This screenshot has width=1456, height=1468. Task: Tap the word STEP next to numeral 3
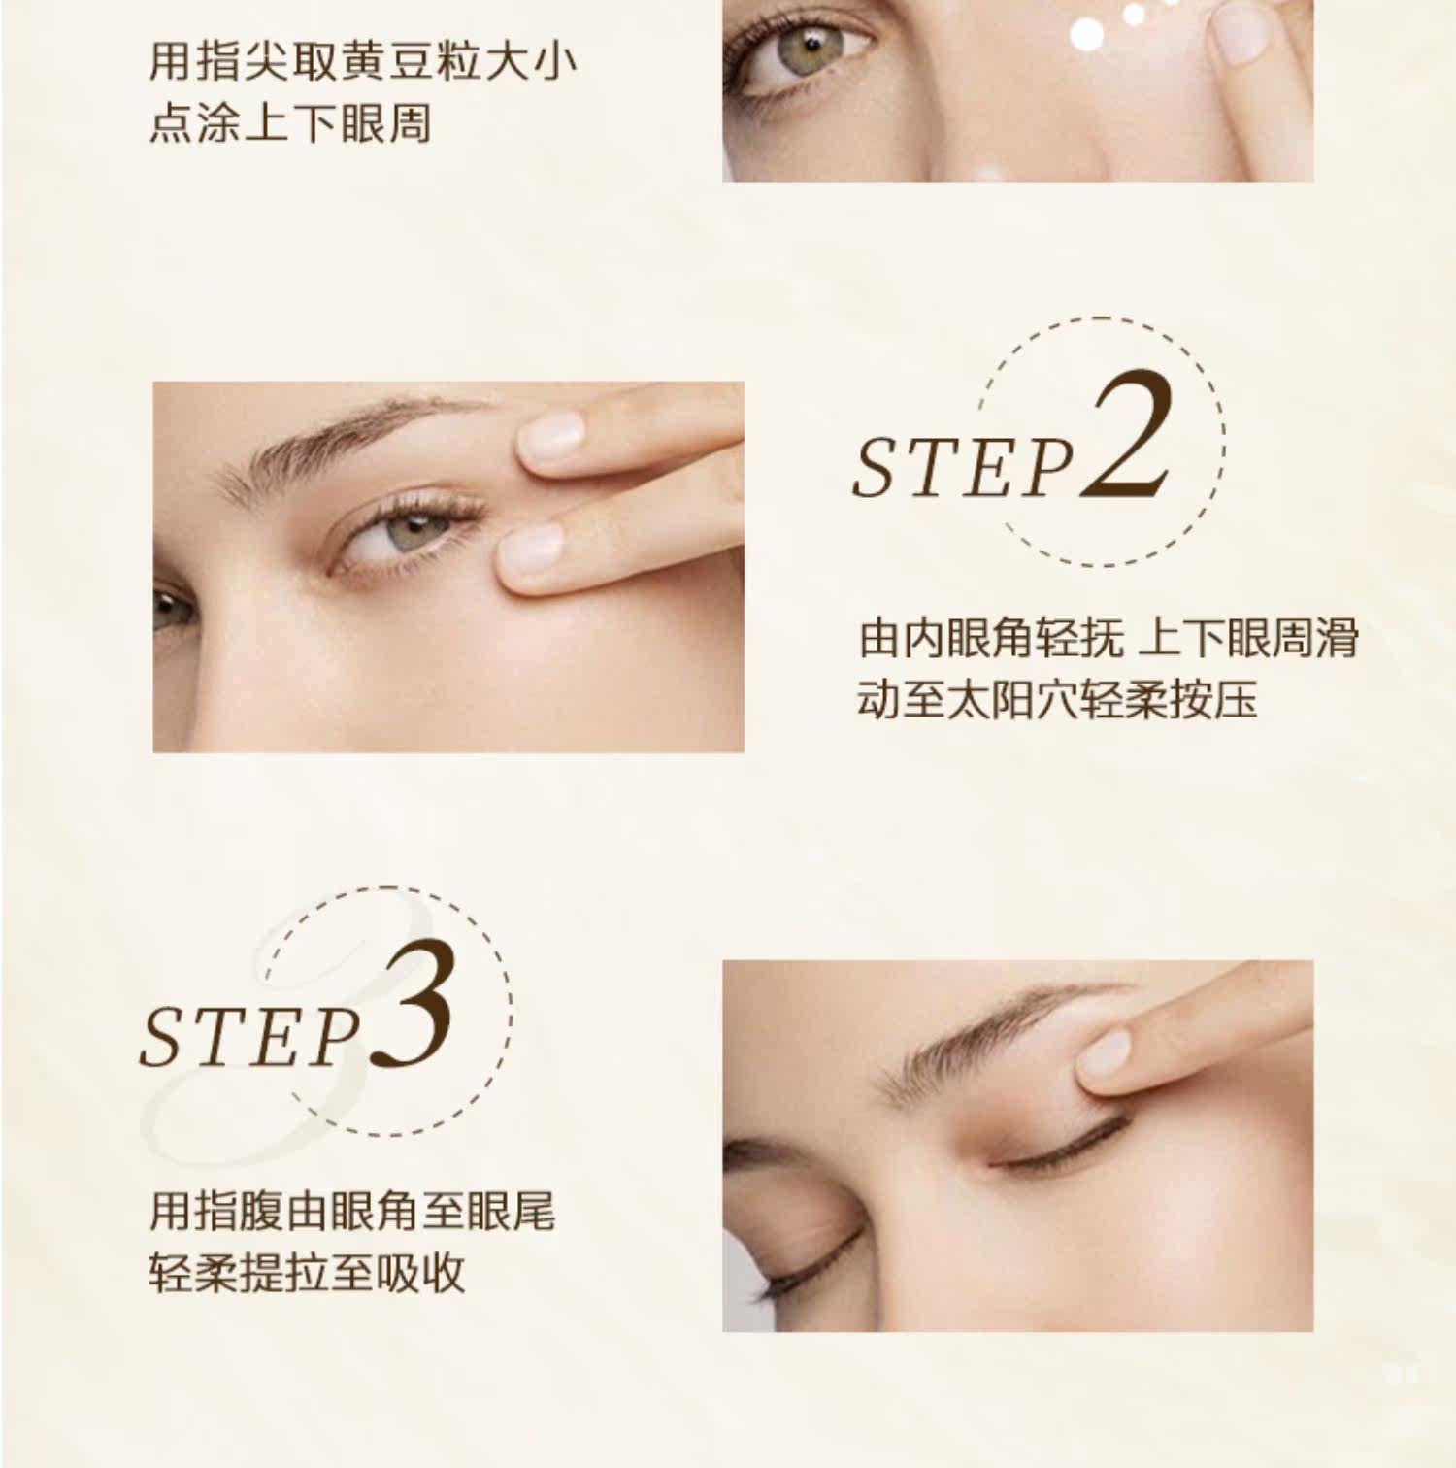click(250, 1037)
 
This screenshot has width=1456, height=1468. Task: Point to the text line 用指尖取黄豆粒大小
click(363, 61)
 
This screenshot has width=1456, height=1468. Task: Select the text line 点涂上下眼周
click(290, 124)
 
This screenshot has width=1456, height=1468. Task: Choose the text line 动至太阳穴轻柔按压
click(1057, 699)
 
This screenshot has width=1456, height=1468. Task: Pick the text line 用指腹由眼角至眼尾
click(352, 1210)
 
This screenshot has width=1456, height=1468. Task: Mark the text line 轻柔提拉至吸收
click(307, 1273)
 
